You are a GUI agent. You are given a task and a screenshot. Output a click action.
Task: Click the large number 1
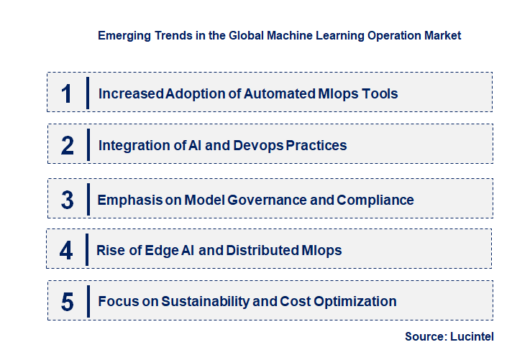[66, 93]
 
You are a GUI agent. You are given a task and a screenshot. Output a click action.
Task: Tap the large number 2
[67, 145]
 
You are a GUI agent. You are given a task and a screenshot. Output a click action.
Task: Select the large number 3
[67, 200]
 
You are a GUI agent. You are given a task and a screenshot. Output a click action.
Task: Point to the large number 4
[66, 250]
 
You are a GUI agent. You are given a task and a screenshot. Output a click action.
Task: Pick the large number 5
[67, 302]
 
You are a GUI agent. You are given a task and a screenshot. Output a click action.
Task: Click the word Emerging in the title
[123, 34]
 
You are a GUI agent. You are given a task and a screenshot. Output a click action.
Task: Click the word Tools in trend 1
[379, 93]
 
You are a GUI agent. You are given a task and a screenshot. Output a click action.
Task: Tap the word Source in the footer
[426, 337]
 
